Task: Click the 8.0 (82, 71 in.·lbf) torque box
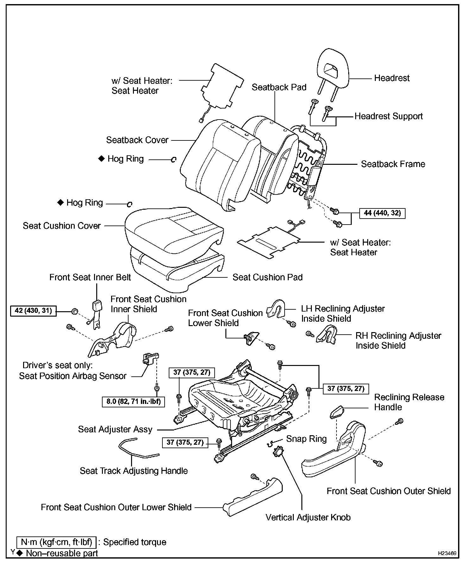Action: [134, 402]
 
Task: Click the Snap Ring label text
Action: [306, 439]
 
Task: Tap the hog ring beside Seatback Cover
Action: [173, 160]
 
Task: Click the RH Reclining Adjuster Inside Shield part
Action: [326, 335]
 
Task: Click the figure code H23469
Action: [447, 553]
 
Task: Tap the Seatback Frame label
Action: [393, 164]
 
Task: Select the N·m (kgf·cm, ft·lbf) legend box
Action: [56, 542]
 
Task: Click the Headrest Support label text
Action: [388, 116]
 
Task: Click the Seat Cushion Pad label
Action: [267, 277]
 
